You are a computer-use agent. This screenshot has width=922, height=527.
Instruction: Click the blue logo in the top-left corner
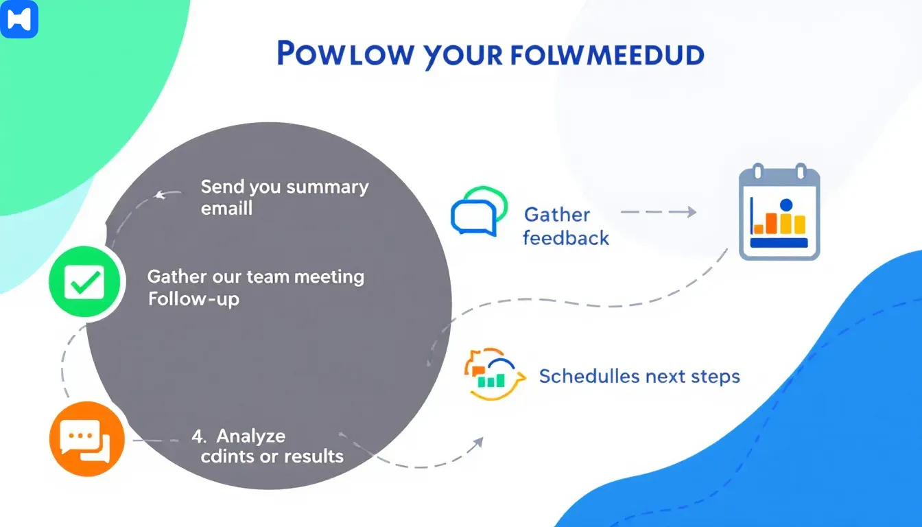(x=19, y=19)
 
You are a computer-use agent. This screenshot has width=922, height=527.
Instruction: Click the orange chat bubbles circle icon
(x=86, y=438)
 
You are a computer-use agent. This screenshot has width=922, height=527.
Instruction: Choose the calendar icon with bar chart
(x=779, y=212)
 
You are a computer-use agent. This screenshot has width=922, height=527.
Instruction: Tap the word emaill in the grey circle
(x=227, y=208)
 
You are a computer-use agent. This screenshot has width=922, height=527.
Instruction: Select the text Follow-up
(x=193, y=299)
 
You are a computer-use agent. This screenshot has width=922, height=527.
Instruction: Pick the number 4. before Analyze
(x=199, y=436)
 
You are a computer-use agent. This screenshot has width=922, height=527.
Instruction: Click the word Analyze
(x=250, y=436)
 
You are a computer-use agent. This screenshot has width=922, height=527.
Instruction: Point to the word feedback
(x=566, y=238)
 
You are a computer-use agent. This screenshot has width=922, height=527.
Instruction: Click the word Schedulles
(x=589, y=376)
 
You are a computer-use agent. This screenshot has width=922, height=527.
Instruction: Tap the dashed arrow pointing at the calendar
(x=658, y=213)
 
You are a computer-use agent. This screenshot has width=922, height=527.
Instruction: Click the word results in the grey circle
(x=313, y=456)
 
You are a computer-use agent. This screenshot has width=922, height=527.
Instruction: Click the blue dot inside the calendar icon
(x=786, y=204)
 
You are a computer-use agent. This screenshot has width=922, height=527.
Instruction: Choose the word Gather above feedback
(x=557, y=215)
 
